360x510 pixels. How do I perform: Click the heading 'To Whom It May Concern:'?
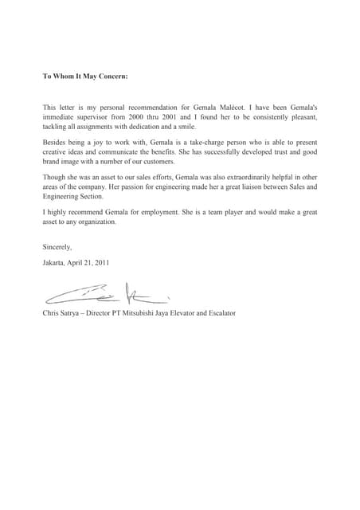point(84,77)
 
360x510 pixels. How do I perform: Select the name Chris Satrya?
point(65,313)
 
